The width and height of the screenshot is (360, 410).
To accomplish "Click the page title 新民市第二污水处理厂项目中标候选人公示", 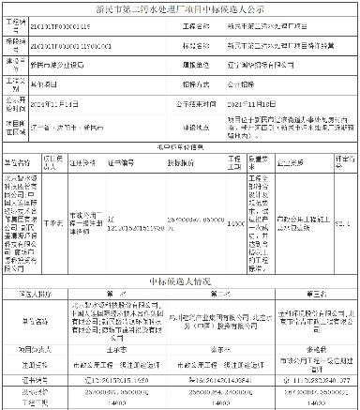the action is (180, 13).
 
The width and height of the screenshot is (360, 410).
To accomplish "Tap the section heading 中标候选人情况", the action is (180, 281).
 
